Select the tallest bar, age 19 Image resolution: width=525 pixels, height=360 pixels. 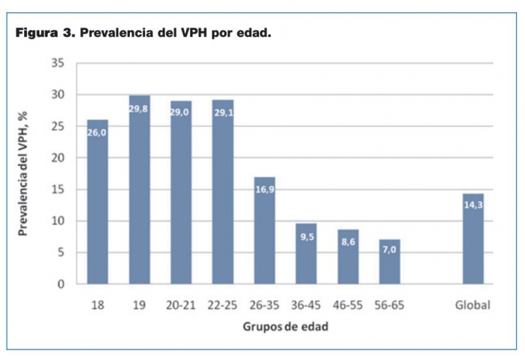(139, 189)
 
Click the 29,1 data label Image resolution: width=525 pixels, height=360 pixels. (223, 114)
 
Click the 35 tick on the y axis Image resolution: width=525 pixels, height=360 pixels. (58, 63)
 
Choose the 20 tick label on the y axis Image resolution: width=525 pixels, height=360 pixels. (58, 158)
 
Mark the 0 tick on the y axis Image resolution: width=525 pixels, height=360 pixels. (61, 284)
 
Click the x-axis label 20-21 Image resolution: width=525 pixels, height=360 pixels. (181, 305)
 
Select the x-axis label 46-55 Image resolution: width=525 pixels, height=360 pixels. (348, 305)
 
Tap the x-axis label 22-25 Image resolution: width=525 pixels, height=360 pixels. (222, 305)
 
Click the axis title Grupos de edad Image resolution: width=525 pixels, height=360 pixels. (285, 326)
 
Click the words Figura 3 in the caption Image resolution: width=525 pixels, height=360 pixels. (44, 34)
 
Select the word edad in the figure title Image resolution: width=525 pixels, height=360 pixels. (253, 34)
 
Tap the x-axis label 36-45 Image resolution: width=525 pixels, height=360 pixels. (306, 305)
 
